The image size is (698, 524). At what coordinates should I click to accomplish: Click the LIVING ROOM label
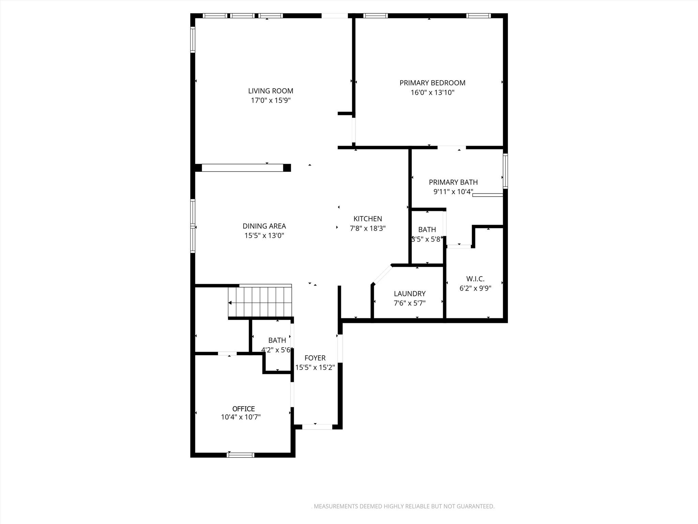[271, 91]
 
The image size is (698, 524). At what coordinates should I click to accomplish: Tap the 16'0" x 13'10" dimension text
[433, 92]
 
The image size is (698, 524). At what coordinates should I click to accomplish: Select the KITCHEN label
[368, 219]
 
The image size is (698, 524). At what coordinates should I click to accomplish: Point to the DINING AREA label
[264, 226]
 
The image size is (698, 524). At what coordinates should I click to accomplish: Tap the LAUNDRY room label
[410, 293]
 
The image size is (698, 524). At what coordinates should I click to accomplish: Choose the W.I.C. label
[475, 279]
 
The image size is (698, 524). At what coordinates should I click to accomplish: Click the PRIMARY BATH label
[453, 182]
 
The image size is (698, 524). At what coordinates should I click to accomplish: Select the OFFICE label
[243, 409]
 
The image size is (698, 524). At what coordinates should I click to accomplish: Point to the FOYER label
[315, 358]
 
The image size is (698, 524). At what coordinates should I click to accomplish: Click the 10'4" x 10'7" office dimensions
[241, 417]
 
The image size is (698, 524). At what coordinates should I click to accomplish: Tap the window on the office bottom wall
[241, 455]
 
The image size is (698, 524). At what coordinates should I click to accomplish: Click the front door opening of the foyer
[317, 427]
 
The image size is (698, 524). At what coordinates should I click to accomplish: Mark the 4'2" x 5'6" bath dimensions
[277, 350]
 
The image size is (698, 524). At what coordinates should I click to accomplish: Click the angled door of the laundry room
[382, 274]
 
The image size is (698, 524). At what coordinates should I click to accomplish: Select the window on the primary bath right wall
[505, 171]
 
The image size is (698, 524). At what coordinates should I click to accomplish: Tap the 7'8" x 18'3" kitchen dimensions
[368, 228]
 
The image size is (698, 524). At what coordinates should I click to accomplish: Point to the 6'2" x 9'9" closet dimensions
[475, 288]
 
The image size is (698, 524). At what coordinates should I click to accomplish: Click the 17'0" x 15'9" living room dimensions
[271, 100]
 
